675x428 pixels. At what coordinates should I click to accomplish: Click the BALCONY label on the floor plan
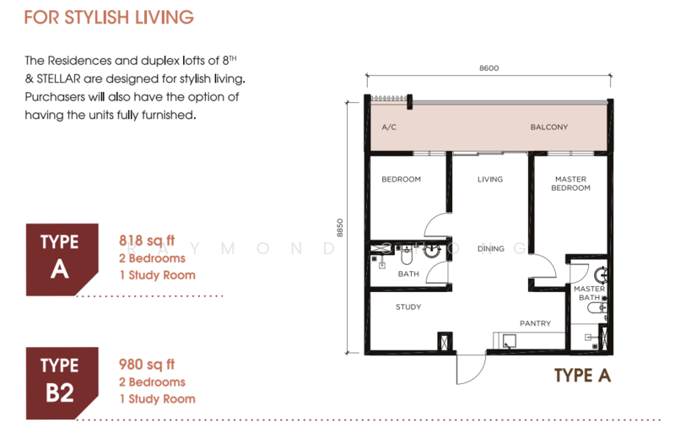click(549, 127)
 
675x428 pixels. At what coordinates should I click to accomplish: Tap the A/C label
click(389, 127)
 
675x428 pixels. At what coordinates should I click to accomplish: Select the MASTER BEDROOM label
click(570, 183)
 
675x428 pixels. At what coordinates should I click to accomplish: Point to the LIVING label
click(490, 179)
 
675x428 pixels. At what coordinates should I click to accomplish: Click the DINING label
click(491, 249)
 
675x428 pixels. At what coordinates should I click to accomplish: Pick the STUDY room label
click(408, 307)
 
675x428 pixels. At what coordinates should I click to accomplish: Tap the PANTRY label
click(535, 323)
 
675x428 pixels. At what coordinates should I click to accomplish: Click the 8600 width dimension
click(489, 68)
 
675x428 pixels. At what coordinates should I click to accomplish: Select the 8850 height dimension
click(340, 228)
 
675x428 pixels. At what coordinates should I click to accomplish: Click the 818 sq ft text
click(147, 241)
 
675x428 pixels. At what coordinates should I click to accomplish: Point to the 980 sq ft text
click(147, 365)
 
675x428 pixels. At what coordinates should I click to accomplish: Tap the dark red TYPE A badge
click(62, 260)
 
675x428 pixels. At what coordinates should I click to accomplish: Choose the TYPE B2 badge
click(62, 383)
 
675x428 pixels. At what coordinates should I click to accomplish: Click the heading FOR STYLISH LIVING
click(109, 18)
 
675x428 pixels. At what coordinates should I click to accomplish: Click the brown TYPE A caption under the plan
click(582, 376)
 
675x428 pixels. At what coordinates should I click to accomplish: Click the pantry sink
click(510, 341)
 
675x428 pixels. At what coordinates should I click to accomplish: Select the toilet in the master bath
click(597, 307)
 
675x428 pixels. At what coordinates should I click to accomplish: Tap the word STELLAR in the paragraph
click(58, 79)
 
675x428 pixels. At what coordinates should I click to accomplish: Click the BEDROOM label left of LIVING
click(402, 179)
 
